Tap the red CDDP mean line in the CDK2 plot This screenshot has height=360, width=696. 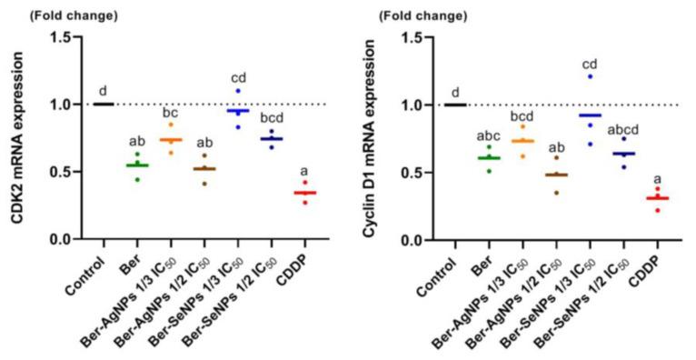tap(304, 193)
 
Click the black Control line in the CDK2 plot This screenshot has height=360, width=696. tap(104, 104)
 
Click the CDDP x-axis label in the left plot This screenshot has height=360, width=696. tap(291, 268)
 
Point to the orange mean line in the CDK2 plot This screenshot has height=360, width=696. tap(171, 140)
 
